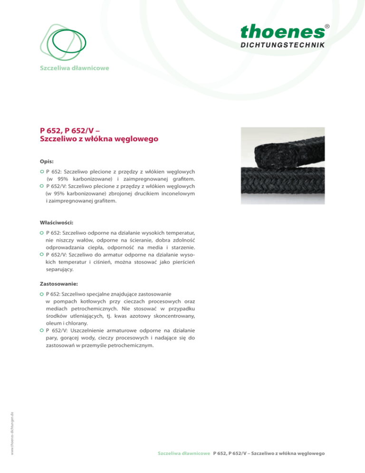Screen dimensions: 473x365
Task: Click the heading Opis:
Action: (46, 161)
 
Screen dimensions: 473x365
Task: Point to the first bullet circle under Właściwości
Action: (42, 233)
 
